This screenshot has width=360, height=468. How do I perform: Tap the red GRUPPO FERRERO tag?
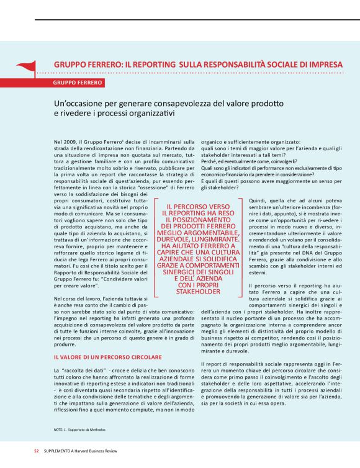coord(78,83)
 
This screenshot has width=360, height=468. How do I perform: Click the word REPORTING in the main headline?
coord(153,64)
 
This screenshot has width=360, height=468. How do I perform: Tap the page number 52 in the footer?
coord(36,451)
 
